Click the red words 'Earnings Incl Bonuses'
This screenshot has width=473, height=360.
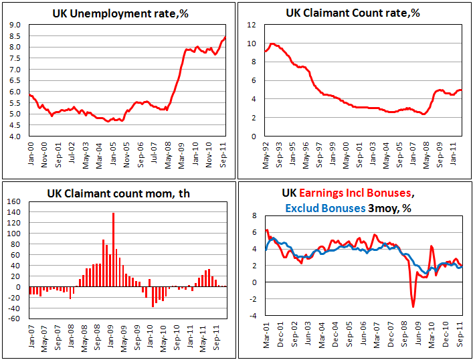[x=355, y=193]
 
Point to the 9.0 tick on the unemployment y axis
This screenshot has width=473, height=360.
[x=13, y=25]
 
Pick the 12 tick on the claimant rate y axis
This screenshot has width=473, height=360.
[x=252, y=25]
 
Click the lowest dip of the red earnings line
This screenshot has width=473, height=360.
[x=413, y=306]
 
